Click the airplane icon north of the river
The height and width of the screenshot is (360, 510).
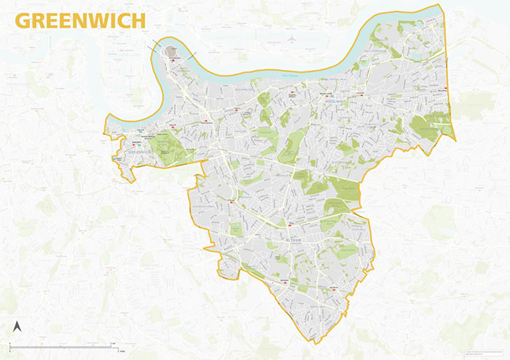pos(291,39)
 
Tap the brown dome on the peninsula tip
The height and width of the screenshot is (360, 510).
pos(173,52)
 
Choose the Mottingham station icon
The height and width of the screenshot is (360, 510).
pos(277,280)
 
